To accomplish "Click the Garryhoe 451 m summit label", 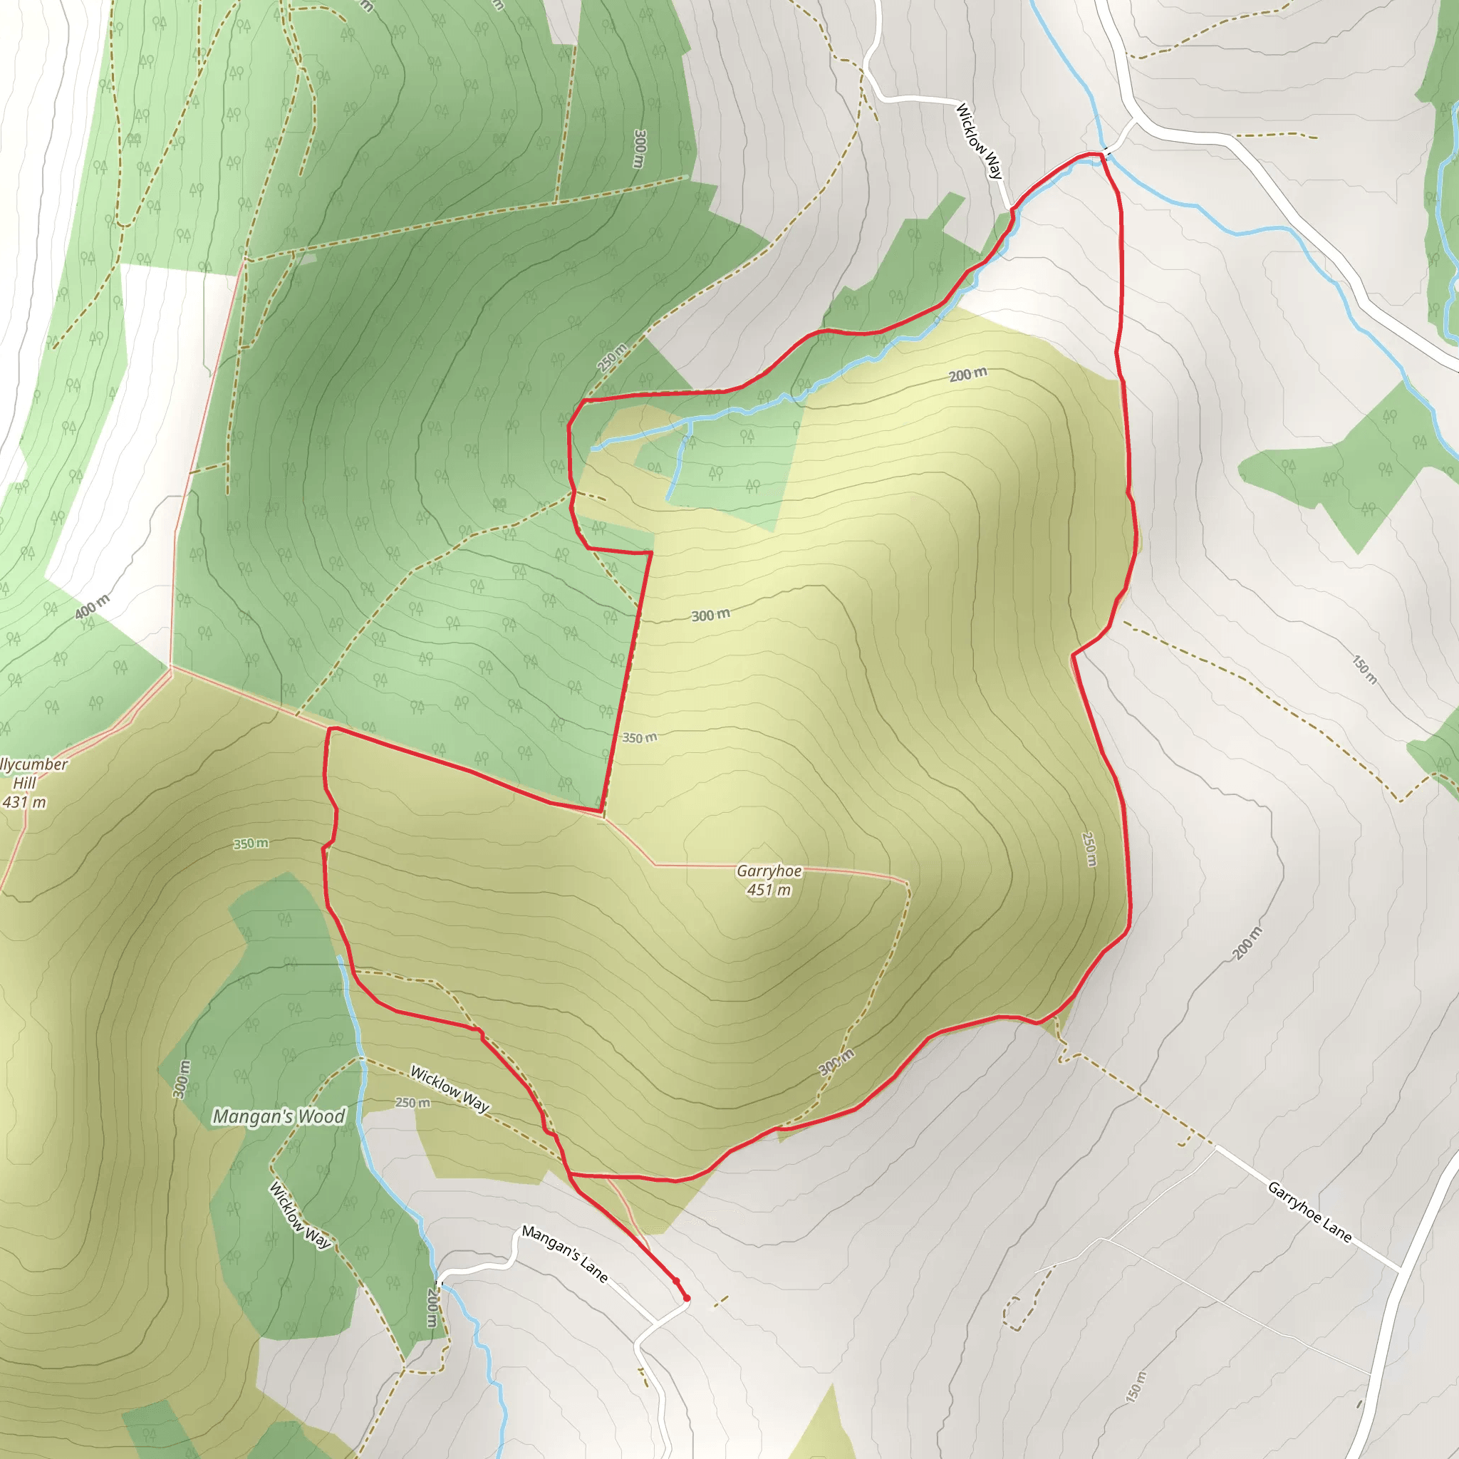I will [769, 881].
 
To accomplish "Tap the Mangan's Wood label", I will [279, 1116].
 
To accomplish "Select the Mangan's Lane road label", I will [564, 1254].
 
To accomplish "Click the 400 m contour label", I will [92, 606].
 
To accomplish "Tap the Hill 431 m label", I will [24, 793].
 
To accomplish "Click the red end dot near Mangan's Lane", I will [687, 1298].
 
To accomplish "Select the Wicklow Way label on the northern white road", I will [979, 141].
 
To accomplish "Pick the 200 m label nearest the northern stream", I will [967, 375].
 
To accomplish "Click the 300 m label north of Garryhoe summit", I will [710, 615].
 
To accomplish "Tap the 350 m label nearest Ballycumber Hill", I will [251, 843].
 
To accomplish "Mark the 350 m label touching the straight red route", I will [640, 738].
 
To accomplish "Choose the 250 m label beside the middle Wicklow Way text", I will [413, 1103].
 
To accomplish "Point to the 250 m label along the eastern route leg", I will [1089, 848].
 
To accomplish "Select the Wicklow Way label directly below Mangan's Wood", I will [300, 1215].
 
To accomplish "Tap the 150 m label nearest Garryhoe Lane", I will [1136, 1386].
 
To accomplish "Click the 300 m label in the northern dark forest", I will [640, 149].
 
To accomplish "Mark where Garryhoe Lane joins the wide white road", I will [1399, 1270].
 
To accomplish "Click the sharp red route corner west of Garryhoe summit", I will [602, 813].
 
